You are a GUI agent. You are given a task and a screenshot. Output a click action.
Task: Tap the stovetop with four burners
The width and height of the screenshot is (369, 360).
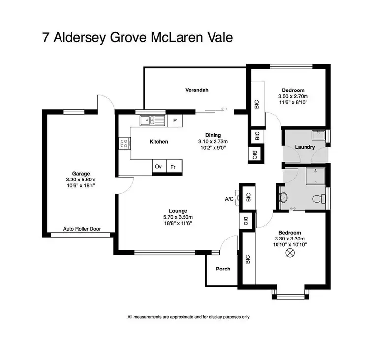(124, 144)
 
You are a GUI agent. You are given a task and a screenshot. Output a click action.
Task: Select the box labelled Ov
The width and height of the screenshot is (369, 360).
(158, 167)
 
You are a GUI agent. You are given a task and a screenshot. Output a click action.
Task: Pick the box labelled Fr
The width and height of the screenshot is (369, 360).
(173, 167)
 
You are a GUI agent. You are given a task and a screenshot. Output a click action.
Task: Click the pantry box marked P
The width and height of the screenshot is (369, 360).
(175, 120)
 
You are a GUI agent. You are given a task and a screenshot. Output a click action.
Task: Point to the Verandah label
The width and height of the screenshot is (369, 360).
(197, 90)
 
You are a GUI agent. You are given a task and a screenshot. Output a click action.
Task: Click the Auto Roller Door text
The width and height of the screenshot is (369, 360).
(81, 229)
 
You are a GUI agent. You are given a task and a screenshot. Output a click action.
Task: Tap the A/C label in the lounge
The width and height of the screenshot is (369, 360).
(229, 199)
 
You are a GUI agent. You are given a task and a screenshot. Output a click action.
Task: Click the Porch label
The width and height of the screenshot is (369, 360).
(223, 269)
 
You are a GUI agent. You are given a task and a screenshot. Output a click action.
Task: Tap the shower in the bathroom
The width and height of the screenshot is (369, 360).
(312, 176)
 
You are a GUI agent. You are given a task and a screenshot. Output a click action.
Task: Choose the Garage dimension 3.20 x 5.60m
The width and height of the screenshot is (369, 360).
(81, 180)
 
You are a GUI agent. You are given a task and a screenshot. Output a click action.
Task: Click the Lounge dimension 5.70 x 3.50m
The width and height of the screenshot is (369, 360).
(179, 217)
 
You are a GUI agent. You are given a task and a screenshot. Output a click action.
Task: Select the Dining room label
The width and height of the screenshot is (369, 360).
(213, 135)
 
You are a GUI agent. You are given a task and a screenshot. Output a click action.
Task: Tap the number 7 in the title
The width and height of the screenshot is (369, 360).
(47, 38)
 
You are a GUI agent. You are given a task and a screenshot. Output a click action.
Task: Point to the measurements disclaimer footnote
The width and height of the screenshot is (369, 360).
(188, 317)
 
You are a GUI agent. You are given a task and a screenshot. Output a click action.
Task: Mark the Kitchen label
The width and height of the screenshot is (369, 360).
(159, 142)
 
